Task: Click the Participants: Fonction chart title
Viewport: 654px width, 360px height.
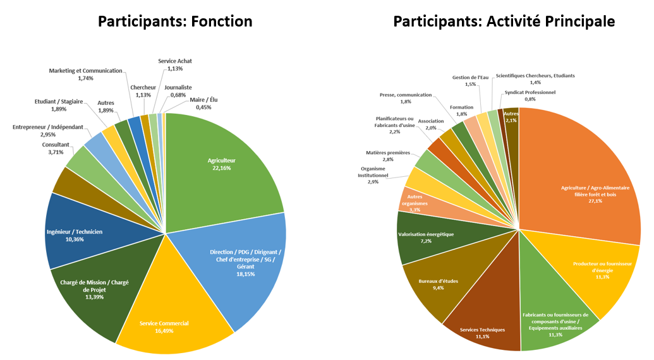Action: pos(175,21)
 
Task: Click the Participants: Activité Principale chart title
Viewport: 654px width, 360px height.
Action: pos(504,21)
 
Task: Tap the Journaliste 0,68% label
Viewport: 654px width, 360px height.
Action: pos(178,91)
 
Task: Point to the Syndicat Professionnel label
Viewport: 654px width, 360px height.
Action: pos(530,95)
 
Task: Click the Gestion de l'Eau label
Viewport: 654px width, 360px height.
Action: pos(470,81)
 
